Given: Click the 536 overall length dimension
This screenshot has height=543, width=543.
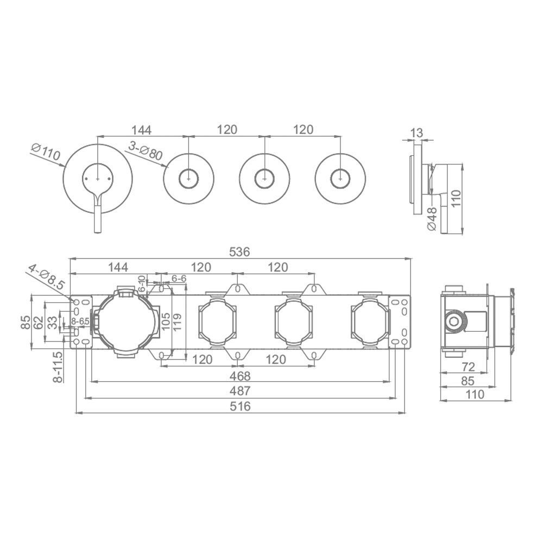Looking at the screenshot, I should (240, 252).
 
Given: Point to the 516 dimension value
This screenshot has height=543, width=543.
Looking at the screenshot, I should (240, 406).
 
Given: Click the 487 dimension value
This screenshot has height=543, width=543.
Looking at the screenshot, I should (240, 391).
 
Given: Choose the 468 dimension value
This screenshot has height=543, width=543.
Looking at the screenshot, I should (240, 376).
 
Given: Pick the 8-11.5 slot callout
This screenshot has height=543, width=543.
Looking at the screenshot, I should (59, 367).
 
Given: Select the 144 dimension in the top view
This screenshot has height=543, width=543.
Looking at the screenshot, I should (141, 129).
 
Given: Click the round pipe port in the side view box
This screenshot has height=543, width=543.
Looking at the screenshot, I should (453, 321).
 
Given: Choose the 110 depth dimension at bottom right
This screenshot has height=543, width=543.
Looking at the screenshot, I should (476, 395).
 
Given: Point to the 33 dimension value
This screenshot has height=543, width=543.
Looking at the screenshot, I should (52, 322).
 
